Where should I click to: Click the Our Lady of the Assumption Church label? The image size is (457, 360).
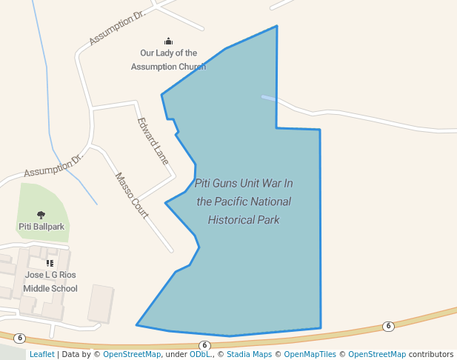168,59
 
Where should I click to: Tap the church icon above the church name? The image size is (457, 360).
168,41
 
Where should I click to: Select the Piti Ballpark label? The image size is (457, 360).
41,226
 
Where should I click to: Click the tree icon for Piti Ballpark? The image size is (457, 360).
41,215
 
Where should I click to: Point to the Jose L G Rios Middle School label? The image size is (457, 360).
50,281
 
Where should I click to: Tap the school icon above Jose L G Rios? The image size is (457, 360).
50,263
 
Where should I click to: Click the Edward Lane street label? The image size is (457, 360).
153,141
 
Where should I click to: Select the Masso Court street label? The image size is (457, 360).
132,196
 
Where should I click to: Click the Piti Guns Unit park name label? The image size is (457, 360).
244,201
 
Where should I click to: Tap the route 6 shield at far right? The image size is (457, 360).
388,326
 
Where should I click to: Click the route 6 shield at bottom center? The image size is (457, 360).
205,345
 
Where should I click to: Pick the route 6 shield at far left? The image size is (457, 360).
20,338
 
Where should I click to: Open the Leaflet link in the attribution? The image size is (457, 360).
41,354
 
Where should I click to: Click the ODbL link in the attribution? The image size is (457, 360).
199,354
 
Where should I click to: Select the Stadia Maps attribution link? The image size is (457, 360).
248,354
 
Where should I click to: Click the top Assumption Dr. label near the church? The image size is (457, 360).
116,29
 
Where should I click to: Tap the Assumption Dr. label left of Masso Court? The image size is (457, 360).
54,166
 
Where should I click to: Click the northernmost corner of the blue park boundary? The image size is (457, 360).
277,27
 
